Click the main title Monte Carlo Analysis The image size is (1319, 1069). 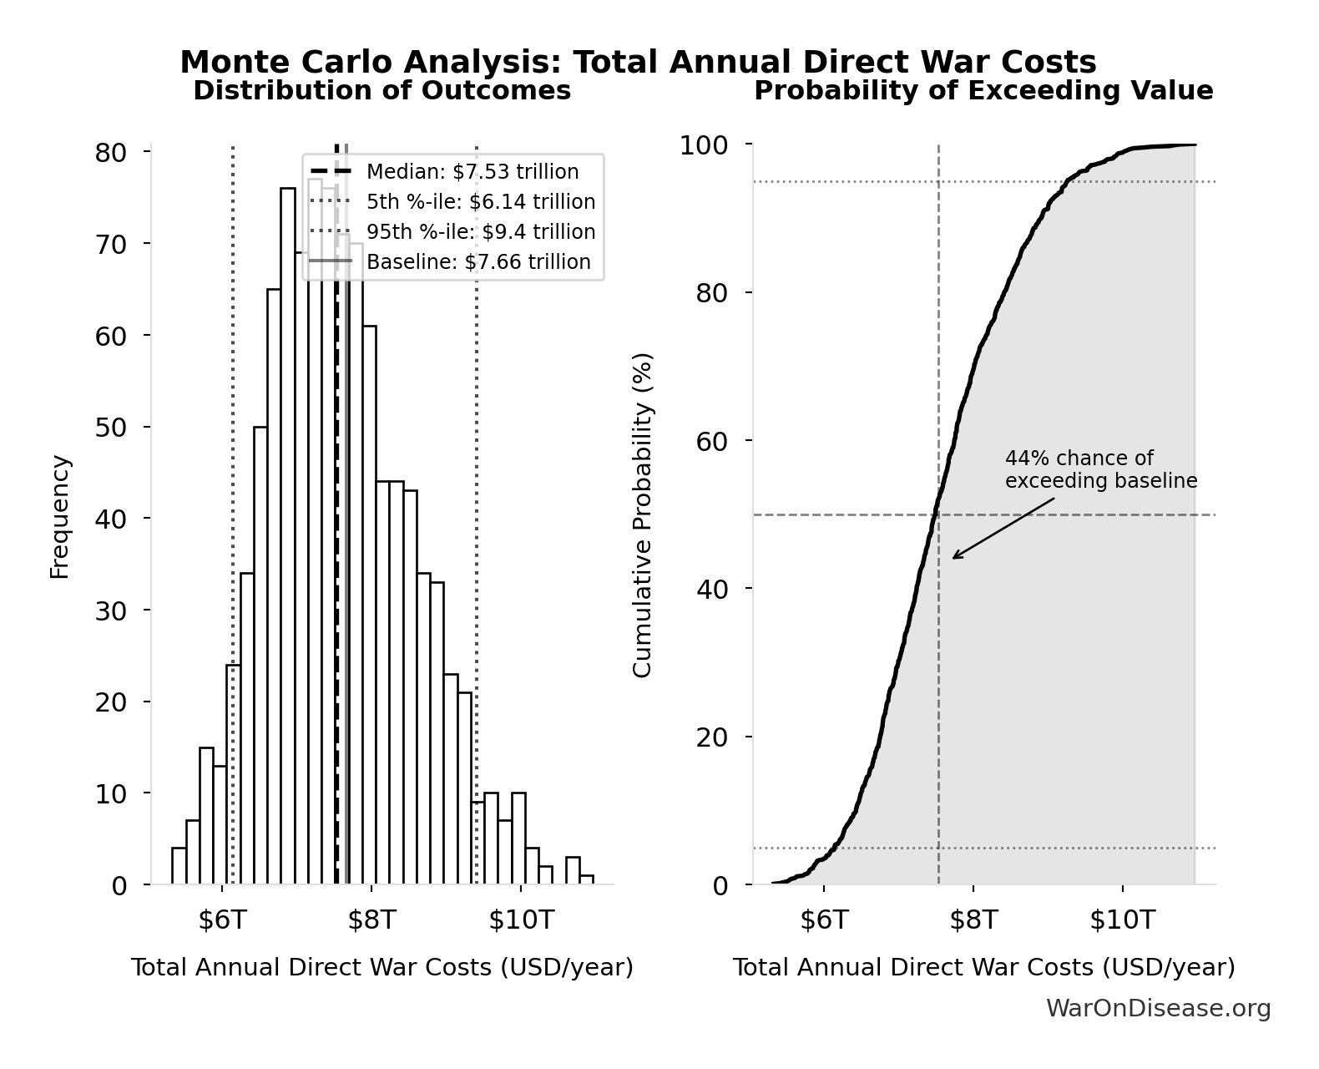click(x=638, y=63)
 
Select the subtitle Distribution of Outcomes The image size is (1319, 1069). click(x=382, y=90)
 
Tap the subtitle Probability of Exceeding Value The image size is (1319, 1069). click(x=983, y=90)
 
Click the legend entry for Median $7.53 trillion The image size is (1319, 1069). click(x=472, y=172)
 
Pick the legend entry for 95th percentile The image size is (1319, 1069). click(x=480, y=232)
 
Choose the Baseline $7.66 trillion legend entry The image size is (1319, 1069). click(x=478, y=262)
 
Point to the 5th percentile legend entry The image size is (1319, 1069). click(x=480, y=202)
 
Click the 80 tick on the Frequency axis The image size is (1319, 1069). click(x=110, y=153)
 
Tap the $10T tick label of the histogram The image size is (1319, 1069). click(x=521, y=920)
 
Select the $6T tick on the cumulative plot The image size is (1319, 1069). click(x=824, y=920)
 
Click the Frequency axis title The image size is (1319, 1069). click(x=59, y=517)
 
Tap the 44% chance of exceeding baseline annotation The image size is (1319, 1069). click(x=1100, y=470)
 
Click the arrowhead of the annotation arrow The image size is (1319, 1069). click(x=955, y=557)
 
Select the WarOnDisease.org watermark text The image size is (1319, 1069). click(x=1158, y=1009)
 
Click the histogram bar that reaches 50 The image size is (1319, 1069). click(x=260, y=656)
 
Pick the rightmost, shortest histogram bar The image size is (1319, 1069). click(x=587, y=879)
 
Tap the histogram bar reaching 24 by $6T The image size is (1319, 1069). click(x=234, y=774)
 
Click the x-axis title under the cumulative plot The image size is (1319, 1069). click(x=983, y=968)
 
